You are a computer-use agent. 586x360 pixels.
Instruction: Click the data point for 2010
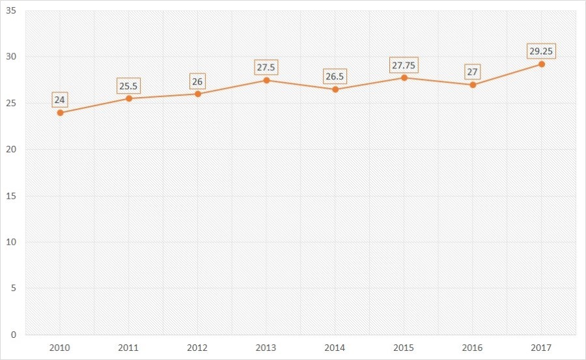60,113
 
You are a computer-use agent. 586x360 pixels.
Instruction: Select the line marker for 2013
266,80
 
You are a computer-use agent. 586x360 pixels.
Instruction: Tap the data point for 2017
541,64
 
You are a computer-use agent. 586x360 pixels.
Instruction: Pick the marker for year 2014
335,89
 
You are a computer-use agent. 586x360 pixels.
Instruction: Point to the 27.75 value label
404,66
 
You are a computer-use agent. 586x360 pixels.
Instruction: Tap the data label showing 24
60,100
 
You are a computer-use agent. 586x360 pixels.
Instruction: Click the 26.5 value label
335,76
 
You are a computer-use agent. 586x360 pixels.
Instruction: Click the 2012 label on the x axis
197,348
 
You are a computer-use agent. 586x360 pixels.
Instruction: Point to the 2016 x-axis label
473,348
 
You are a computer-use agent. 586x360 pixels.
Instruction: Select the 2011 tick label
129,348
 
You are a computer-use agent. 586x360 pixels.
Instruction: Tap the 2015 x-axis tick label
404,348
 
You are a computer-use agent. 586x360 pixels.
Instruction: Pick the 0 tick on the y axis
14,335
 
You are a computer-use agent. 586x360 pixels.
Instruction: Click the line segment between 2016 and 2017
507,74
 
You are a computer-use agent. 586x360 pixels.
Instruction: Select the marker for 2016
473,85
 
